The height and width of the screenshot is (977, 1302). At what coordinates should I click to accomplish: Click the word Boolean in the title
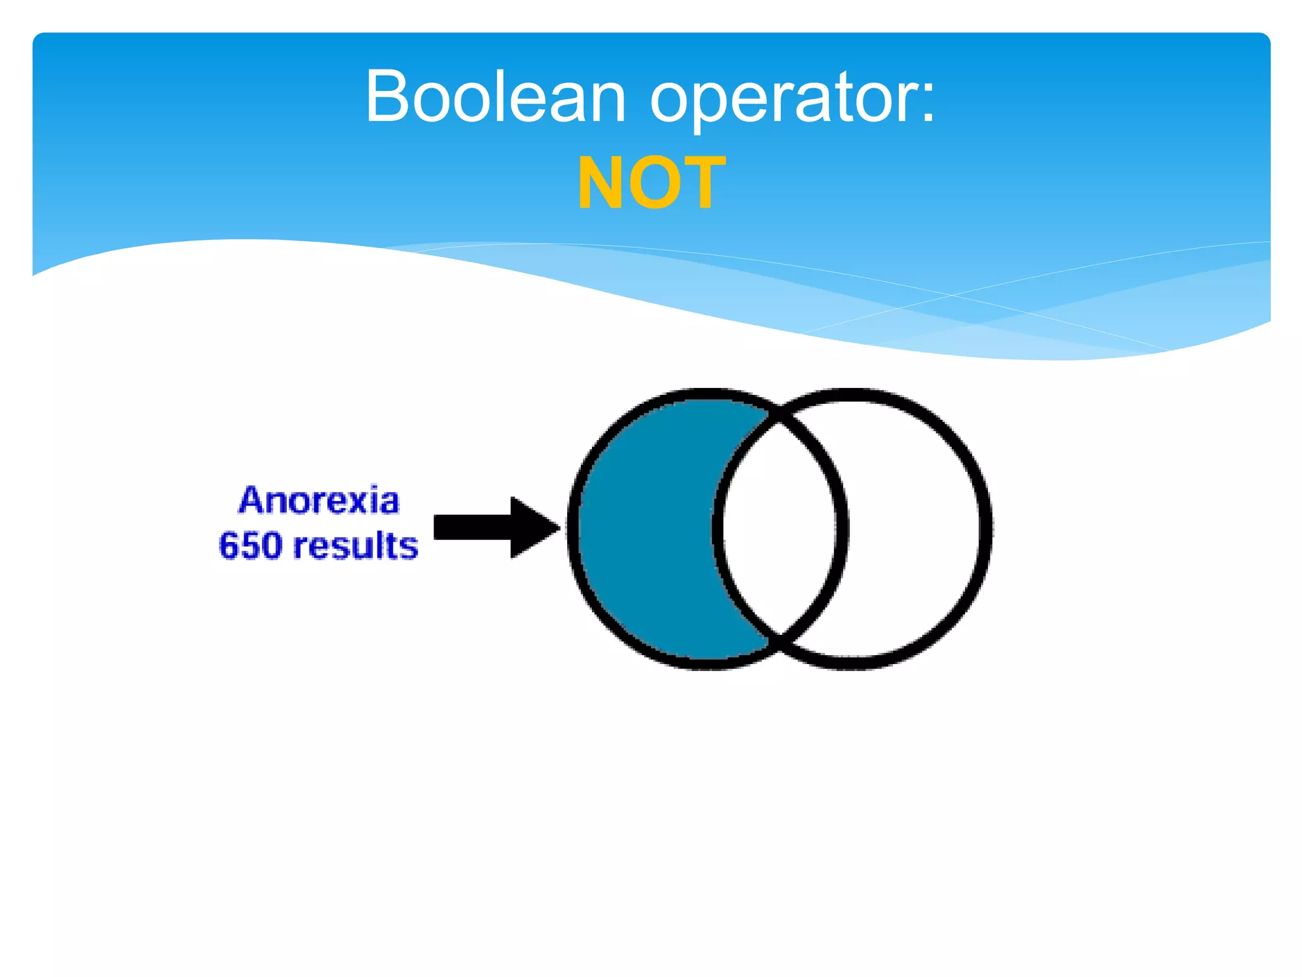[496, 97]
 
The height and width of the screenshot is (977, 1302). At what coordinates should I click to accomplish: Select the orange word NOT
[651, 183]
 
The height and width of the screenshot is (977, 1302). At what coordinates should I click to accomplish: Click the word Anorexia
[319, 500]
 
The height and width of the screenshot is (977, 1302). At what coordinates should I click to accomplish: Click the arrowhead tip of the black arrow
[558, 527]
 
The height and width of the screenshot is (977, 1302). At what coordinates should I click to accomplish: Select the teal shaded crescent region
[642, 528]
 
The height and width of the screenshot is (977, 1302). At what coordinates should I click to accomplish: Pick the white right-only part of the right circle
[915, 528]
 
